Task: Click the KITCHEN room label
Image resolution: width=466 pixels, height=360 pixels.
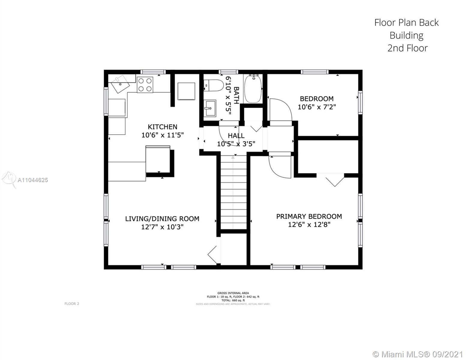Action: [x=162, y=127]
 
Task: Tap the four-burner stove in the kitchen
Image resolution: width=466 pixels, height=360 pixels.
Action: [x=145, y=85]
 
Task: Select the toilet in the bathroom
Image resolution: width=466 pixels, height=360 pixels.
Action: [x=213, y=85]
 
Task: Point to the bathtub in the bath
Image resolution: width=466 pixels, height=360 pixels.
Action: [x=253, y=89]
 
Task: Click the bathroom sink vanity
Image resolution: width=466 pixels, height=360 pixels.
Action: [x=210, y=108]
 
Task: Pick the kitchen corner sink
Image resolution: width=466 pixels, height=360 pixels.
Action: [x=120, y=84]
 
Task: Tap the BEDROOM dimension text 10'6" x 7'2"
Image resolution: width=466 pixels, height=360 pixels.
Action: [x=317, y=107]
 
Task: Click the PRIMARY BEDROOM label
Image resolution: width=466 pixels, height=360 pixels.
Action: [x=309, y=216]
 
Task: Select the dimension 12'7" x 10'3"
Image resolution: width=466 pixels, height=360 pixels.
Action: [x=162, y=227]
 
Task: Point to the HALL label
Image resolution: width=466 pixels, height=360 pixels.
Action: [x=236, y=136]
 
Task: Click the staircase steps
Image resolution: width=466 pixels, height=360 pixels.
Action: [x=233, y=192]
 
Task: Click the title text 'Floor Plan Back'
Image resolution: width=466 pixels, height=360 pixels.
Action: [x=406, y=22]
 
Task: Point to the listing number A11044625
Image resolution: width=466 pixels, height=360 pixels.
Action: [x=33, y=180]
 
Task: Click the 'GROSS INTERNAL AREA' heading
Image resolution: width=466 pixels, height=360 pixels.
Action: [x=233, y=293]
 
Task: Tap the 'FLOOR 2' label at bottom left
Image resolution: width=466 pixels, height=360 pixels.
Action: [x=72, y=304]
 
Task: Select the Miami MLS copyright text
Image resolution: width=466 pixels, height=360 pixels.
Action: [x=418, y=354]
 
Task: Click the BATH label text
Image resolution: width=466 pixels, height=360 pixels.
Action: [x=236, y=95]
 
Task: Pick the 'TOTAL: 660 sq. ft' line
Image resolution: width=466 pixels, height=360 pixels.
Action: [x=233, y=300]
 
